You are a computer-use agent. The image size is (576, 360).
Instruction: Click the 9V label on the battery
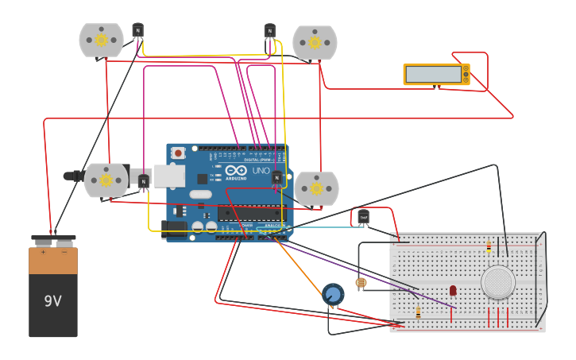click(x=52, y=301)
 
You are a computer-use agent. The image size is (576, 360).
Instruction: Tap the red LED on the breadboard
click(x=453, y=291)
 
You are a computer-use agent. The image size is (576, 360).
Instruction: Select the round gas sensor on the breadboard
click(x=498, y=281)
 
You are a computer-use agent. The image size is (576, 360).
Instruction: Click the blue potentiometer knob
click(x=334, y=295)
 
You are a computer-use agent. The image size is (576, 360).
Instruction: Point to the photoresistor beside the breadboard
click(x=361, y=283)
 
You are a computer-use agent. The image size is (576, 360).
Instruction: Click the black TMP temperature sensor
click(x=363, y=216)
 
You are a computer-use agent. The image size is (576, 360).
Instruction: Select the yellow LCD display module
click(x=436, y=74)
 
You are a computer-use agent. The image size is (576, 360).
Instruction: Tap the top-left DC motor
click(x=101, y=40)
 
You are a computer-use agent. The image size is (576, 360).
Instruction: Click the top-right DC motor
click(x=315, y=42)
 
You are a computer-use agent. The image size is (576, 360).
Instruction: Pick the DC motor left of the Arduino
click(x=106, y=180)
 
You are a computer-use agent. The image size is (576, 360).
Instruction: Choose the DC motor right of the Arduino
click(x=316, y=188)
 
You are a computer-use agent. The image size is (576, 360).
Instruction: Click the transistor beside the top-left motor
click(x=137, y=31)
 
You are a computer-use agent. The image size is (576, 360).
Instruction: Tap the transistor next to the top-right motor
click(x=269, y=31)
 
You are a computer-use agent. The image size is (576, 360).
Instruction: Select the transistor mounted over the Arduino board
click(x=276, y=177)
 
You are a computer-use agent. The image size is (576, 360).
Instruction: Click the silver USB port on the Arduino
click(x=169, y=176)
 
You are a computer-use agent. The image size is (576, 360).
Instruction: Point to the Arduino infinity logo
click(x=236, y=170)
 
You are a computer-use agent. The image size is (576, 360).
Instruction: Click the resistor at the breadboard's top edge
click(x=489, y=247)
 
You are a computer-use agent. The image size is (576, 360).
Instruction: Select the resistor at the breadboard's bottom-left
click(x=419, y=312)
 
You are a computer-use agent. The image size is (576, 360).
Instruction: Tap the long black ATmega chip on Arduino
click(x=249, y=213)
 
